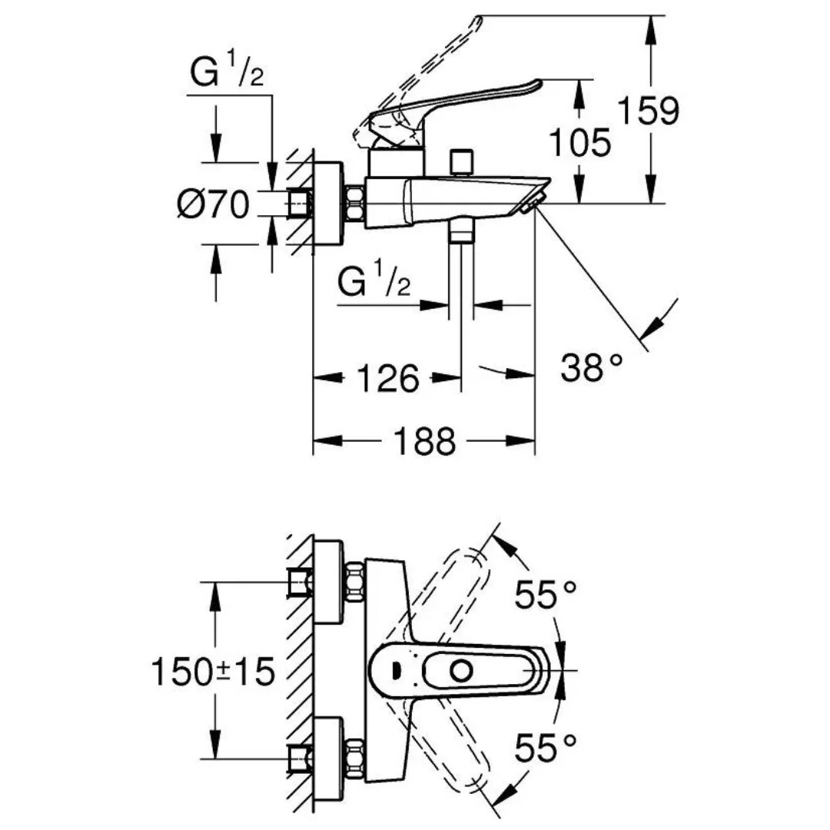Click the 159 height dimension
click(x=650, y=111)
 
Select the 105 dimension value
click(x=581, y=142)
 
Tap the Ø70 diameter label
click(x=213, y=204)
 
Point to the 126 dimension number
click(x=388, y=378)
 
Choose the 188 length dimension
click(x=425, y=442)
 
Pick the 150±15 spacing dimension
click(x=213, y=672)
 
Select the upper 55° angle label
click(x=546, y=594)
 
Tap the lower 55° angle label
click(x=546, y=747)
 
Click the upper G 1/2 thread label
click(x=227, y=74)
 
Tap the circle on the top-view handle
click(x=461, y=671)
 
